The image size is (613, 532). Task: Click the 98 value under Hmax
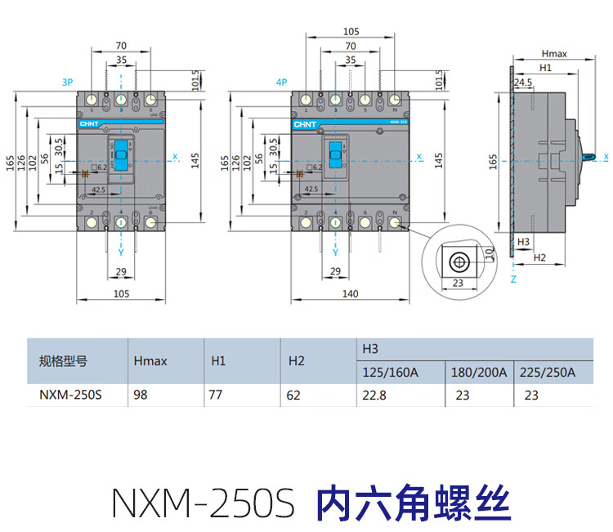point(140,395)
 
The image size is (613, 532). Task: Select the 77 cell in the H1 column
point(218,395)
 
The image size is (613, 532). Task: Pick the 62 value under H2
point(294,395)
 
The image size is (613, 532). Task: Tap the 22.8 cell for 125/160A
point(373,395)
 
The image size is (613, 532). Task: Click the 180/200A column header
point(479,372)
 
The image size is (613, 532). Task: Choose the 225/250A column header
point(548,372)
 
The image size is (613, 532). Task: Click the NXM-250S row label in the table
point(70,395)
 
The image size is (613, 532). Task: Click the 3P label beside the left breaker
point(67,83)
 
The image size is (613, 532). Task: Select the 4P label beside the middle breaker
point(281,83)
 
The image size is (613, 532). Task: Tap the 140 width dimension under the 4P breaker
point(349,293)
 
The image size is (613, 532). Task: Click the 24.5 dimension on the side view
point(523,83)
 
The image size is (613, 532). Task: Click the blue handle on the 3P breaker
point(121,154)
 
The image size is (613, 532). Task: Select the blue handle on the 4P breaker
point(335,154)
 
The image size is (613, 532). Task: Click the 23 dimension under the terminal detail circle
point(457,283)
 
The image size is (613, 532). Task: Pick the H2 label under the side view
point(539,257)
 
